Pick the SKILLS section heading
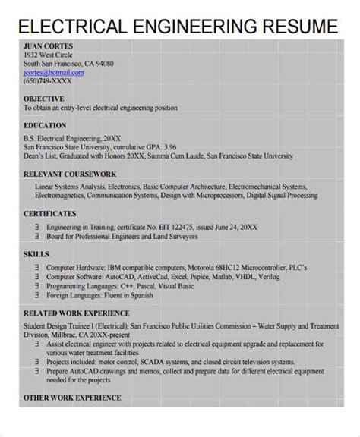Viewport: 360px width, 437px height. [x=36, y=254]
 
